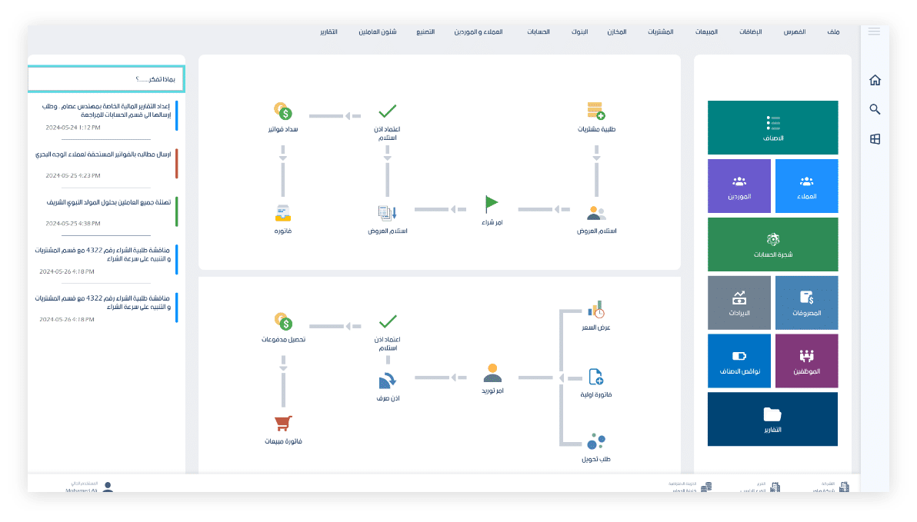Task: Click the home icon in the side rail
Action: (875, 81)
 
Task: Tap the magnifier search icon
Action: (875, 110)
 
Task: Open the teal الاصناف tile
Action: (772, 128)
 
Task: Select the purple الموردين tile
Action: (739, 186)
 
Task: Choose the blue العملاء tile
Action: (806, 186)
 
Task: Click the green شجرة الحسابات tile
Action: (772, 244)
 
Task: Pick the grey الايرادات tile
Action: (739, 302)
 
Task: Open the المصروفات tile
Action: (806, 302)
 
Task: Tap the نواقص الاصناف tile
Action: (739, 361)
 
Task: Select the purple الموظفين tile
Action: (806, 361)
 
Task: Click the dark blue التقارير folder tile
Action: (772, 419)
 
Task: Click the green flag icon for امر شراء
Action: (492, 204)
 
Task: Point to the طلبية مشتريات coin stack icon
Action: (595, 110)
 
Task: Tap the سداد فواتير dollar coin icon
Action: (284, 111)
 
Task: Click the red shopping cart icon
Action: (284, 423)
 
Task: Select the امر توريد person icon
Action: (492, 374)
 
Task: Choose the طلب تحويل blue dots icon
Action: (595, 441)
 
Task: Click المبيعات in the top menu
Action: (706, 32)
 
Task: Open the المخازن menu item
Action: (616, 32)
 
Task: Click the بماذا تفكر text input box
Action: (106, 78)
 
